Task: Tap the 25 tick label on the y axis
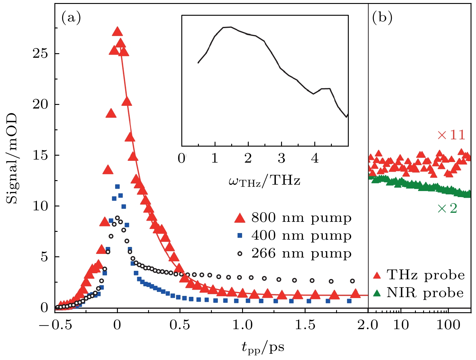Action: point(40,54)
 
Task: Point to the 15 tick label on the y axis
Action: point(40,156)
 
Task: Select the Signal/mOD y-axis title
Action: point(12,159)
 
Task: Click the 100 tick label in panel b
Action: point(448,325)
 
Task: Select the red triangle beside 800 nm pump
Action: point(240,218)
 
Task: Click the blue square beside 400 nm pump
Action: point(240,235)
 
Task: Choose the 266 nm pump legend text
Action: point(301,253)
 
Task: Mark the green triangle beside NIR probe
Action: point(377,293)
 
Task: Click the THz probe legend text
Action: point(426,275)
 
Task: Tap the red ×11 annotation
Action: point(451,135)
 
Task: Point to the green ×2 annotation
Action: point(447,208)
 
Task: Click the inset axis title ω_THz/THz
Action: point(264,181)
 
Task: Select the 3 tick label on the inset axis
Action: point(281,158)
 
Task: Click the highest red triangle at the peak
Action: point(117,31)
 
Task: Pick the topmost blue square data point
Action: point(117,186)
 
